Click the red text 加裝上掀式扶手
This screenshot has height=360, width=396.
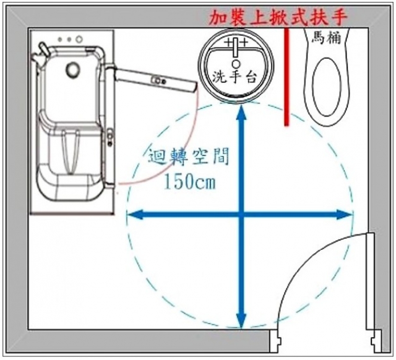[278, 18]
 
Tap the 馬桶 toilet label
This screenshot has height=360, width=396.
[326, 37]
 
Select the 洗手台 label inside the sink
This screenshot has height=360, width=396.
[234, 77]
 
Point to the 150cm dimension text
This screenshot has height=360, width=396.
[190, 181]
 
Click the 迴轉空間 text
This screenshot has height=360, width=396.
[189, 157]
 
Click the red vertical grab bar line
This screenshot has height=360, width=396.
[286, 77]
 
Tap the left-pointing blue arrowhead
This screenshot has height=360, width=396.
[135, 215]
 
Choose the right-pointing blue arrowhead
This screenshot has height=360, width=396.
[345, 215]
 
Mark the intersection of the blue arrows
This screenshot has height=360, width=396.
[242, 215]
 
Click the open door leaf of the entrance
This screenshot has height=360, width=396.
[370, 281]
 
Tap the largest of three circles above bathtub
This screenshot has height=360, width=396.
[79, 39]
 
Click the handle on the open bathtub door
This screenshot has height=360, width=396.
[158, 80]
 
